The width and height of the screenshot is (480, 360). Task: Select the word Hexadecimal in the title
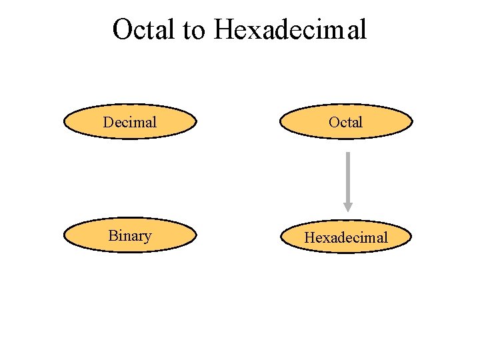(291, 29)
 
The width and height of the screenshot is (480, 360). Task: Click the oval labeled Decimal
(130, 122)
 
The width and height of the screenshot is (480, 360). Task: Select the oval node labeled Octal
(346, 122)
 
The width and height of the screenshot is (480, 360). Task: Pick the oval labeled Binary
(130, 236)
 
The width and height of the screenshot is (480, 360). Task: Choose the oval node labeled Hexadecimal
(346, 237)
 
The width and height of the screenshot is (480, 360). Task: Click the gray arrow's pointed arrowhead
(347, 205)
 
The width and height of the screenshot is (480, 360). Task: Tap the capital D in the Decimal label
(108, 122)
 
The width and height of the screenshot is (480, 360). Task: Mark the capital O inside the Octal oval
(335, 122)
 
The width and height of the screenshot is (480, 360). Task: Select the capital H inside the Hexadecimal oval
(309, 237)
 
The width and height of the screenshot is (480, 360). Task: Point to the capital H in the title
(225, 29)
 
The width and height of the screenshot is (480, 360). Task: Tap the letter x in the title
(253, 31)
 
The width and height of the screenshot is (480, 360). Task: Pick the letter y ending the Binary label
(147, 238)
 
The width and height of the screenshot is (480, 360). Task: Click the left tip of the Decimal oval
(65, 122)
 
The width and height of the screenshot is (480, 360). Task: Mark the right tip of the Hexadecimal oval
(411, 237)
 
